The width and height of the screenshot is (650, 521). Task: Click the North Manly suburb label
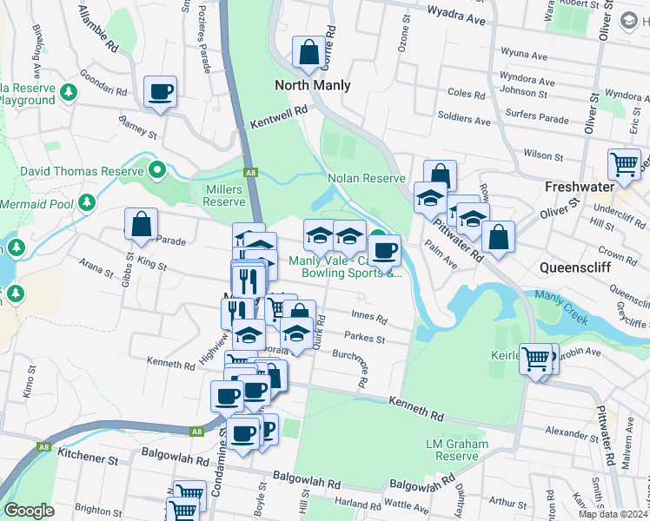click(x=313, y=85)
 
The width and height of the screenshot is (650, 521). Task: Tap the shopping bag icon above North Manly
click(x=308, y=53)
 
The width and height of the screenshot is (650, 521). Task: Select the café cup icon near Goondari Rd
click(x=161, y=91)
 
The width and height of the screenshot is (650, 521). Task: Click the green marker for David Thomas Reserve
click(x=156, y=170)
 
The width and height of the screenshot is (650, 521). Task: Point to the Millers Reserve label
click(x=224, y=195)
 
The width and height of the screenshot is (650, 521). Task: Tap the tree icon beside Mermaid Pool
click(x=86, y=203)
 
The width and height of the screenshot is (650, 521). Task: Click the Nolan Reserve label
click(x=367, y=178)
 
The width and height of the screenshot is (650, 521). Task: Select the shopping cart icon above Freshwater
click(x=624, y=163)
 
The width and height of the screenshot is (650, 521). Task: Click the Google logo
click(x=29, y=511)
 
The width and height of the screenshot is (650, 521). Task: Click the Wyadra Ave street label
click(x=455, y=16)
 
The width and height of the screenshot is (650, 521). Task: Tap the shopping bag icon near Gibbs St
click(x=141, y=224)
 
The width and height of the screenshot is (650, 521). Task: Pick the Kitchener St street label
click(x=87, y=453)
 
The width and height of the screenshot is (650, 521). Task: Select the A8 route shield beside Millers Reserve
click(x=250, y=173)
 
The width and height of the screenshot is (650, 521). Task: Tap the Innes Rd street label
click(x=368, y=315)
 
